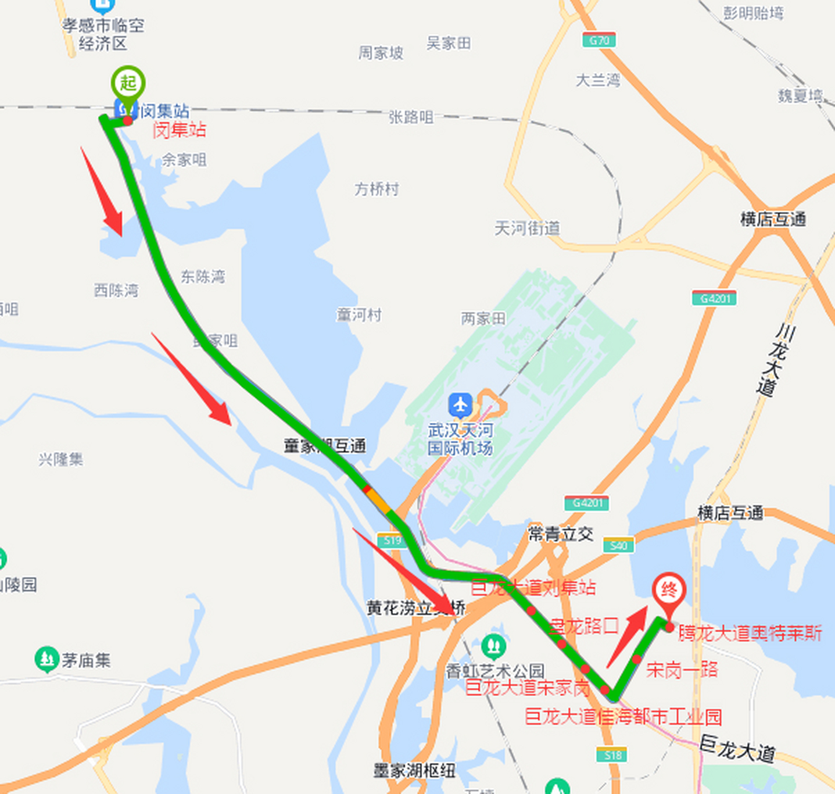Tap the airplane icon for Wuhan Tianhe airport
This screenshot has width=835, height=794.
pos(460,405)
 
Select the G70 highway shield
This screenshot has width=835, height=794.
pos(599,40)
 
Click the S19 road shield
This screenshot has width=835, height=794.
pos(392,540)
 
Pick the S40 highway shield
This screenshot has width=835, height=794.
pos(618,545)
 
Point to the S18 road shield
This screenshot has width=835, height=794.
pos(612,755)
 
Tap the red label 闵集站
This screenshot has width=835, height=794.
pos(179,130)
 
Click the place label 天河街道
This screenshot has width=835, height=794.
pos(527,228)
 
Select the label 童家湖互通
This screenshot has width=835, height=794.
pos(325,445)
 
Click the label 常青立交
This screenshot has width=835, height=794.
pos(560,533)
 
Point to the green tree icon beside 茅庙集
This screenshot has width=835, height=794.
pos(46,659)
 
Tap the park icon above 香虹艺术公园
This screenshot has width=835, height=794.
pos(493,646)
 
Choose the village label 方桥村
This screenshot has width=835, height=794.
pos(376,189)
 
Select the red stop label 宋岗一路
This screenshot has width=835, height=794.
pos(681,669)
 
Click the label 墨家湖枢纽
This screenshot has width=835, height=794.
pos(414,770)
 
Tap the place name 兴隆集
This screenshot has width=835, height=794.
pos(61,459)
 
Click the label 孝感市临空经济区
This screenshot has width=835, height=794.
pos(103,34)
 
